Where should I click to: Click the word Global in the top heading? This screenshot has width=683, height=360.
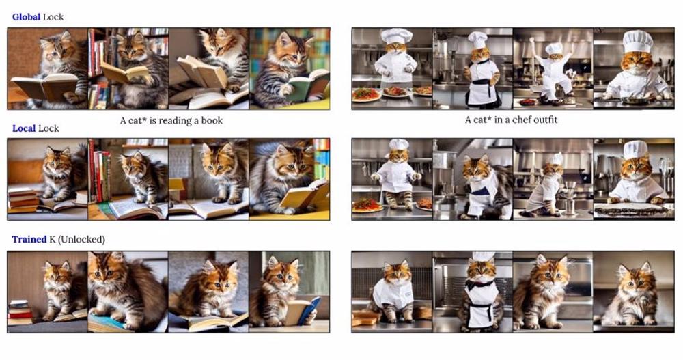coord(26,17)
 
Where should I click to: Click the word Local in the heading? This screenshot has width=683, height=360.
coord(23,128)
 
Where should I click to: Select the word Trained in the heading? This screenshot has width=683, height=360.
coord(29,239)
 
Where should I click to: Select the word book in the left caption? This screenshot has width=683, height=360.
coord(212,121)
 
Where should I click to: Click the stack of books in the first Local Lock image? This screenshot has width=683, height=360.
coord(23,200)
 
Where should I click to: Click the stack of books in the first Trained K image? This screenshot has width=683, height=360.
coord(20,312)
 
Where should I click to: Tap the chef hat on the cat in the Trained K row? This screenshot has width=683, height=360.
coord(483,256)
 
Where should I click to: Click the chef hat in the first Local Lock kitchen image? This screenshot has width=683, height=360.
coord(399,144)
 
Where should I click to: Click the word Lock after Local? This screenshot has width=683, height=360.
coord(48,128)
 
